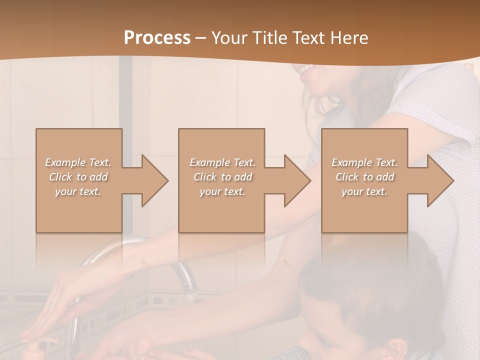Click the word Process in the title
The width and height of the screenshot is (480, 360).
157,38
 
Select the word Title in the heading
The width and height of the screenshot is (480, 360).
269,38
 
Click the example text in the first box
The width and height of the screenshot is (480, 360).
78,177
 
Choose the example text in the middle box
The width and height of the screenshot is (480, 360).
222,177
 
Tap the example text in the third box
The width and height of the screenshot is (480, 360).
364,177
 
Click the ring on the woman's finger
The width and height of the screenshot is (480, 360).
53,304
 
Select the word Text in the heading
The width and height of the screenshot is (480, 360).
309,38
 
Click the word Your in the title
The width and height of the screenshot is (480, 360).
228,38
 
